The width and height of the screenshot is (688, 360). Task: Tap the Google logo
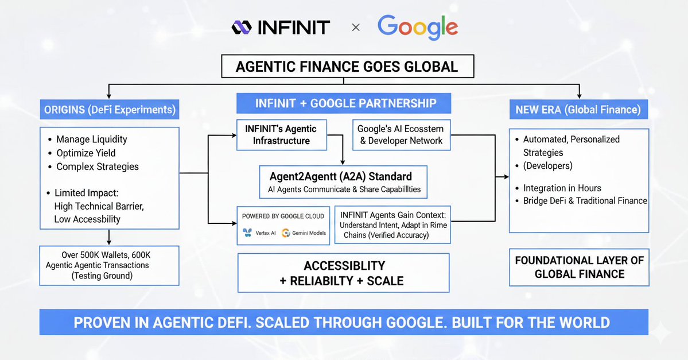click(x=417, y=27)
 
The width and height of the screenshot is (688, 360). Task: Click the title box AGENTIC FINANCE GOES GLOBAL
click(x=347, y=66)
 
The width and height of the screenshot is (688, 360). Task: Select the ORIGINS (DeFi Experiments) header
click(x=108, y=109)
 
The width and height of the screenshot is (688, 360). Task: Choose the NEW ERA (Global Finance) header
click(x=578, y=109)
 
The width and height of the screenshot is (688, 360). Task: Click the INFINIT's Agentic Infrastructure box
click(x=281, y=134)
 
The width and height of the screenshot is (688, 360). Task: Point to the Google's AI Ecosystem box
click(x=400, y=134)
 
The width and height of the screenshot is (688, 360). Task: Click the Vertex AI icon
click(x=247, y=233)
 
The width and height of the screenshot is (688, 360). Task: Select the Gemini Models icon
click(x=286, y=233)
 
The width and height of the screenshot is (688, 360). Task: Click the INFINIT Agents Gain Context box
click(x=392, y=224)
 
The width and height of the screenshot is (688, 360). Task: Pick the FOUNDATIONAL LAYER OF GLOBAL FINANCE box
click(x=579, y=267)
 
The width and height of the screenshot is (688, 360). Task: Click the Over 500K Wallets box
click(x=110, y=265)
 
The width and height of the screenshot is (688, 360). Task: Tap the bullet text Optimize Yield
click(x=86, y=153)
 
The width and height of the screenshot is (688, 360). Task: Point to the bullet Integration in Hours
click(x=562, y=188)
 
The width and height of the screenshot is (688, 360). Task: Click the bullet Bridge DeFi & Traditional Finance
click(x=585, y=201)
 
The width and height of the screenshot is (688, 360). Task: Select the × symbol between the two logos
click(x=356, y=28)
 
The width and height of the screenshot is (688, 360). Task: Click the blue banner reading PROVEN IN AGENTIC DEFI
click(x=344, y=322)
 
